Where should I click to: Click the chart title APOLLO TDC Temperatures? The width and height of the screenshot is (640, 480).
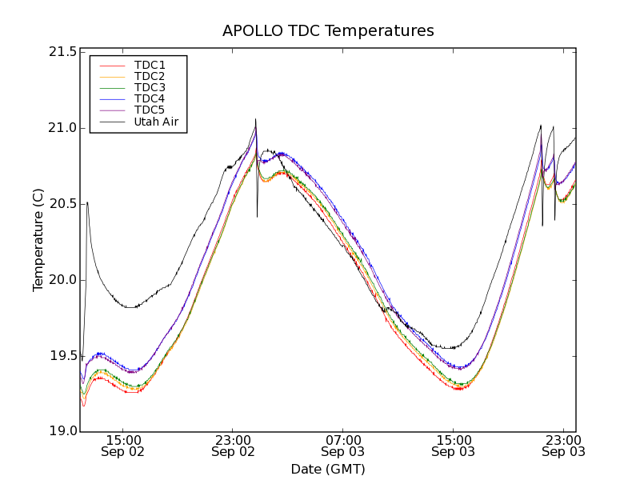point(328,31)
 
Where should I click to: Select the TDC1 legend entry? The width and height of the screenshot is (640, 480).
point(150,65)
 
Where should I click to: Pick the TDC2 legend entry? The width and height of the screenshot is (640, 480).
point(150,76)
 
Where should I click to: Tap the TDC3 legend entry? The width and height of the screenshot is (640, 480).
point(150,87)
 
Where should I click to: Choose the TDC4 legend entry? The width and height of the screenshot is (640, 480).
point(150,98)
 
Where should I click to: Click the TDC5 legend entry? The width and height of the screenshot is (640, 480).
point(150,110)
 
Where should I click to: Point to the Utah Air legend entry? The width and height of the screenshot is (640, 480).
point(156,122)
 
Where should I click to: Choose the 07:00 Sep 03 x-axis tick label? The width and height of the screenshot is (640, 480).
point(343,446)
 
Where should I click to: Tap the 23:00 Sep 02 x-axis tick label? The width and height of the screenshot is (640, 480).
point(233,446)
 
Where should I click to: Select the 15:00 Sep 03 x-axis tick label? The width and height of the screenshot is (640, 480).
point(454,446)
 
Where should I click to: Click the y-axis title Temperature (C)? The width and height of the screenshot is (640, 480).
point(38,240)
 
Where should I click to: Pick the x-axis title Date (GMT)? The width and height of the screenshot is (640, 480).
point(328,469)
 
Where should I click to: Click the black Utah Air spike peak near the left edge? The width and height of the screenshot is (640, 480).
point(87,202)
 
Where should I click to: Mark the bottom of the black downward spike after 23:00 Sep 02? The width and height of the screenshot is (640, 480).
point(257,217)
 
